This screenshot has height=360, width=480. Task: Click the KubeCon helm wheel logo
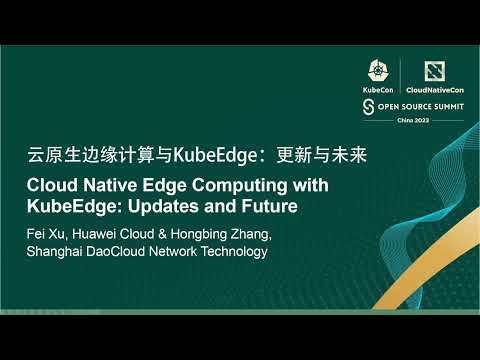(x=379, y=68)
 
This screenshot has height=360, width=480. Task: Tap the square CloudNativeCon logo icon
(x=432, y=68)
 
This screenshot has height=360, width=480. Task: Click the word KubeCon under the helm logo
(x=379, y=88)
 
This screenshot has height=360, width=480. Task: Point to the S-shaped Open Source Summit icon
(x=368, y=105)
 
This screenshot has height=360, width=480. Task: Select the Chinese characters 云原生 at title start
(x=47, y=157)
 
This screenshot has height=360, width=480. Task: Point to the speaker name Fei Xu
(x=46, y=234)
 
